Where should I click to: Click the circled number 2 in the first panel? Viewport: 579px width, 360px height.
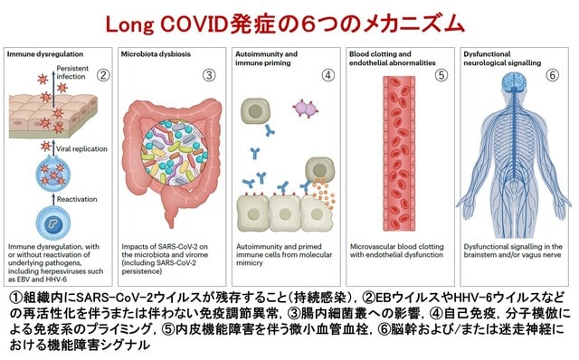(x=103, y=75)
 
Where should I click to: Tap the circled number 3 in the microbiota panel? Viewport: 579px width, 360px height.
(x=209, y=75)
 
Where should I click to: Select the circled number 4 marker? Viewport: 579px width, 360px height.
(x=327, y=75)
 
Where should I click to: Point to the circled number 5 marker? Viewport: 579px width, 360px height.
(x=441, y=75)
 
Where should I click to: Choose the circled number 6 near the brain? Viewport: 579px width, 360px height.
(x=553, y=75)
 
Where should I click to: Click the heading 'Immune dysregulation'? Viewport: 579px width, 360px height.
(x=45, y=54)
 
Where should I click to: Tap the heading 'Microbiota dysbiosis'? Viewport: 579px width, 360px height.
(x=156, y=54)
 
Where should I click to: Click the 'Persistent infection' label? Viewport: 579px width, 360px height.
(x=72, y=72)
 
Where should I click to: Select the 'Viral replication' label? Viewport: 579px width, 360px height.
(x=81, y=149)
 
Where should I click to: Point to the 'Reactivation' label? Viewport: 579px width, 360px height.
(x=77, y=199)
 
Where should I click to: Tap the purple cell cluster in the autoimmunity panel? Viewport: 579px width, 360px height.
(x=306, y=109)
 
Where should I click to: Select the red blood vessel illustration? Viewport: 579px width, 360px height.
(x=399, y=153)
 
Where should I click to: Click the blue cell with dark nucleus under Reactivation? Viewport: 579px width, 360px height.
(x=53, y=223)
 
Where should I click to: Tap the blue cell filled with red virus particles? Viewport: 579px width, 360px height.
(x=53, y=173)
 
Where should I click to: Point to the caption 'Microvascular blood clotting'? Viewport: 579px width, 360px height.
(x=397, y=246)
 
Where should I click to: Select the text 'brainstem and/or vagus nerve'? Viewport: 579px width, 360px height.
(x=513, y=255)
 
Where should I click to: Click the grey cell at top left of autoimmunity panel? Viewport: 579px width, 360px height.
(x=255, y=111)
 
